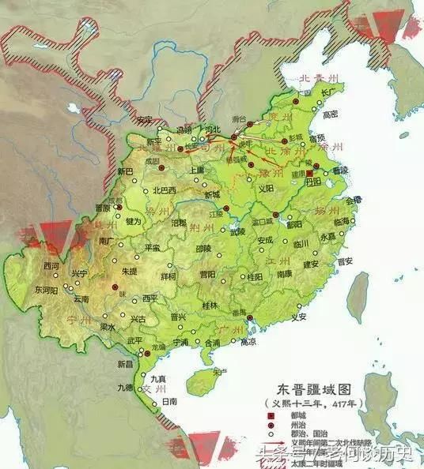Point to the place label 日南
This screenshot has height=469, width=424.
(x=168, y=402)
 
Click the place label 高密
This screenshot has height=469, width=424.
(x=331, y=114)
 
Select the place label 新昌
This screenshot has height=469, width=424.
(x=126, y=364)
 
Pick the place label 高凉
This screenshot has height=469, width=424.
(x=248, y=343)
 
